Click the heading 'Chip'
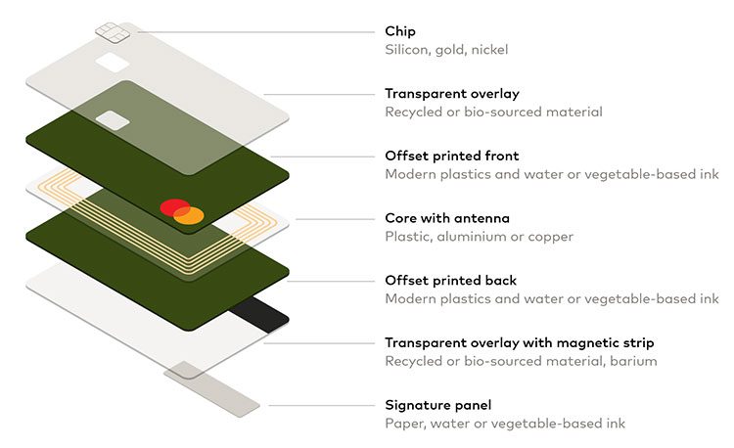tap(400, 31)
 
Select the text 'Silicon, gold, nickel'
tap(446, 50)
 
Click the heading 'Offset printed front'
tap(451, 156)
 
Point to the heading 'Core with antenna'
tap(447, 218)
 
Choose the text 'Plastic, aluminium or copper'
tap(479, 237)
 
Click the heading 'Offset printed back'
tap(450, 281)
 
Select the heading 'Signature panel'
tap(438, 405)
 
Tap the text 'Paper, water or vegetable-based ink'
tap(505, 424)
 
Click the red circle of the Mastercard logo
tap(174, 207)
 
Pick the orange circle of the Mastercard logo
tap(192, 214)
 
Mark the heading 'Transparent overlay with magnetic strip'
tap(519, 342)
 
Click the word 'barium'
tap(633, 361)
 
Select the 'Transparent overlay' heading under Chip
tap(451, 94)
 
